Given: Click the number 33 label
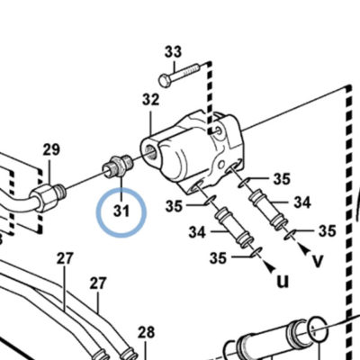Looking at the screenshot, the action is point(173,51).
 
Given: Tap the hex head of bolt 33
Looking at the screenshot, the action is point(164,81).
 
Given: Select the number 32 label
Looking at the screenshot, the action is point(150,100).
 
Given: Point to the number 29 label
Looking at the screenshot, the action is point(51,149).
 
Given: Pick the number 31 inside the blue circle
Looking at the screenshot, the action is point(121,211).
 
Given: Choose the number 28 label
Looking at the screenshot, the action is point(146,332).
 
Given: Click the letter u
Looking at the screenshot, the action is point(283,282).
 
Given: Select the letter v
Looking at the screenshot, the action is point(318,260).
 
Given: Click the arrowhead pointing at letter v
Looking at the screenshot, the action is point(305,249).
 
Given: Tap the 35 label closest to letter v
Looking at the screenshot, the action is point(327,231).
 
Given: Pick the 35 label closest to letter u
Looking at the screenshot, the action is point(218,258).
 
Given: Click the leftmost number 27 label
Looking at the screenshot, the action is point(65,258).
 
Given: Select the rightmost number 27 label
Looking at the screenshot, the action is point(98,283).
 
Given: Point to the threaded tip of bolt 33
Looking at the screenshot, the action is point(195,68).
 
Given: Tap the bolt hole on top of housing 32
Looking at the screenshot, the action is point(220,130).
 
